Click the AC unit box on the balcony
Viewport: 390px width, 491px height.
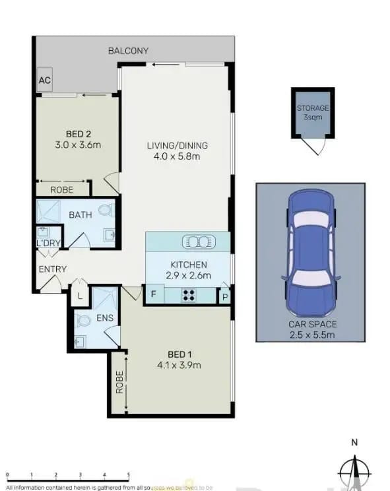click(45, 80)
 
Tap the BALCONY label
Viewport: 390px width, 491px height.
click(128, 51)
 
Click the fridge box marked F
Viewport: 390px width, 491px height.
click(153, 295)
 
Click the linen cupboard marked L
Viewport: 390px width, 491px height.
click(80, 297)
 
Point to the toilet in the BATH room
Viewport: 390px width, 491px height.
click(105, 211)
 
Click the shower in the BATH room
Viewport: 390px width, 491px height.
click(48, 213)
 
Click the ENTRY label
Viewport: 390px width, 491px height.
click(52, 269)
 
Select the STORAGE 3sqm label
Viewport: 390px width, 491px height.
click(312, 112)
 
